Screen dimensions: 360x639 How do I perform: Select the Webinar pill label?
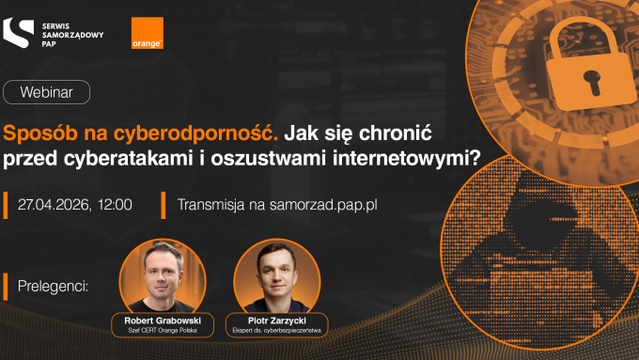[x=47, y=92]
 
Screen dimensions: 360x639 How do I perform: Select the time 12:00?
[x=113, y=203]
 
